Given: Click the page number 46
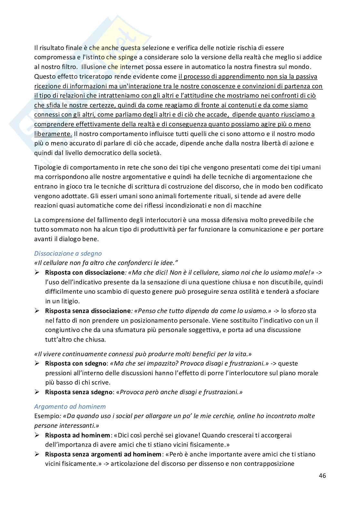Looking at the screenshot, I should click(x=322, y=475).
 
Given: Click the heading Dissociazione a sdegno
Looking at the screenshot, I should click(x=68, y=253).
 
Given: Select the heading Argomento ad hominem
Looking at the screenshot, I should click(x=70, y=406).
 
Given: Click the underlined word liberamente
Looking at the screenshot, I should click(x=53, y=134).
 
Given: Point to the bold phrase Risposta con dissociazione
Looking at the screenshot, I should click(x=85, y=272).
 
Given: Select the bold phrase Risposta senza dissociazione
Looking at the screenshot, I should click(x=88, y=311).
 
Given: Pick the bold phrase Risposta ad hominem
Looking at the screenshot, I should click(x=77, y=435).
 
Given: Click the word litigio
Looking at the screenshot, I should click(x=68, y=301).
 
